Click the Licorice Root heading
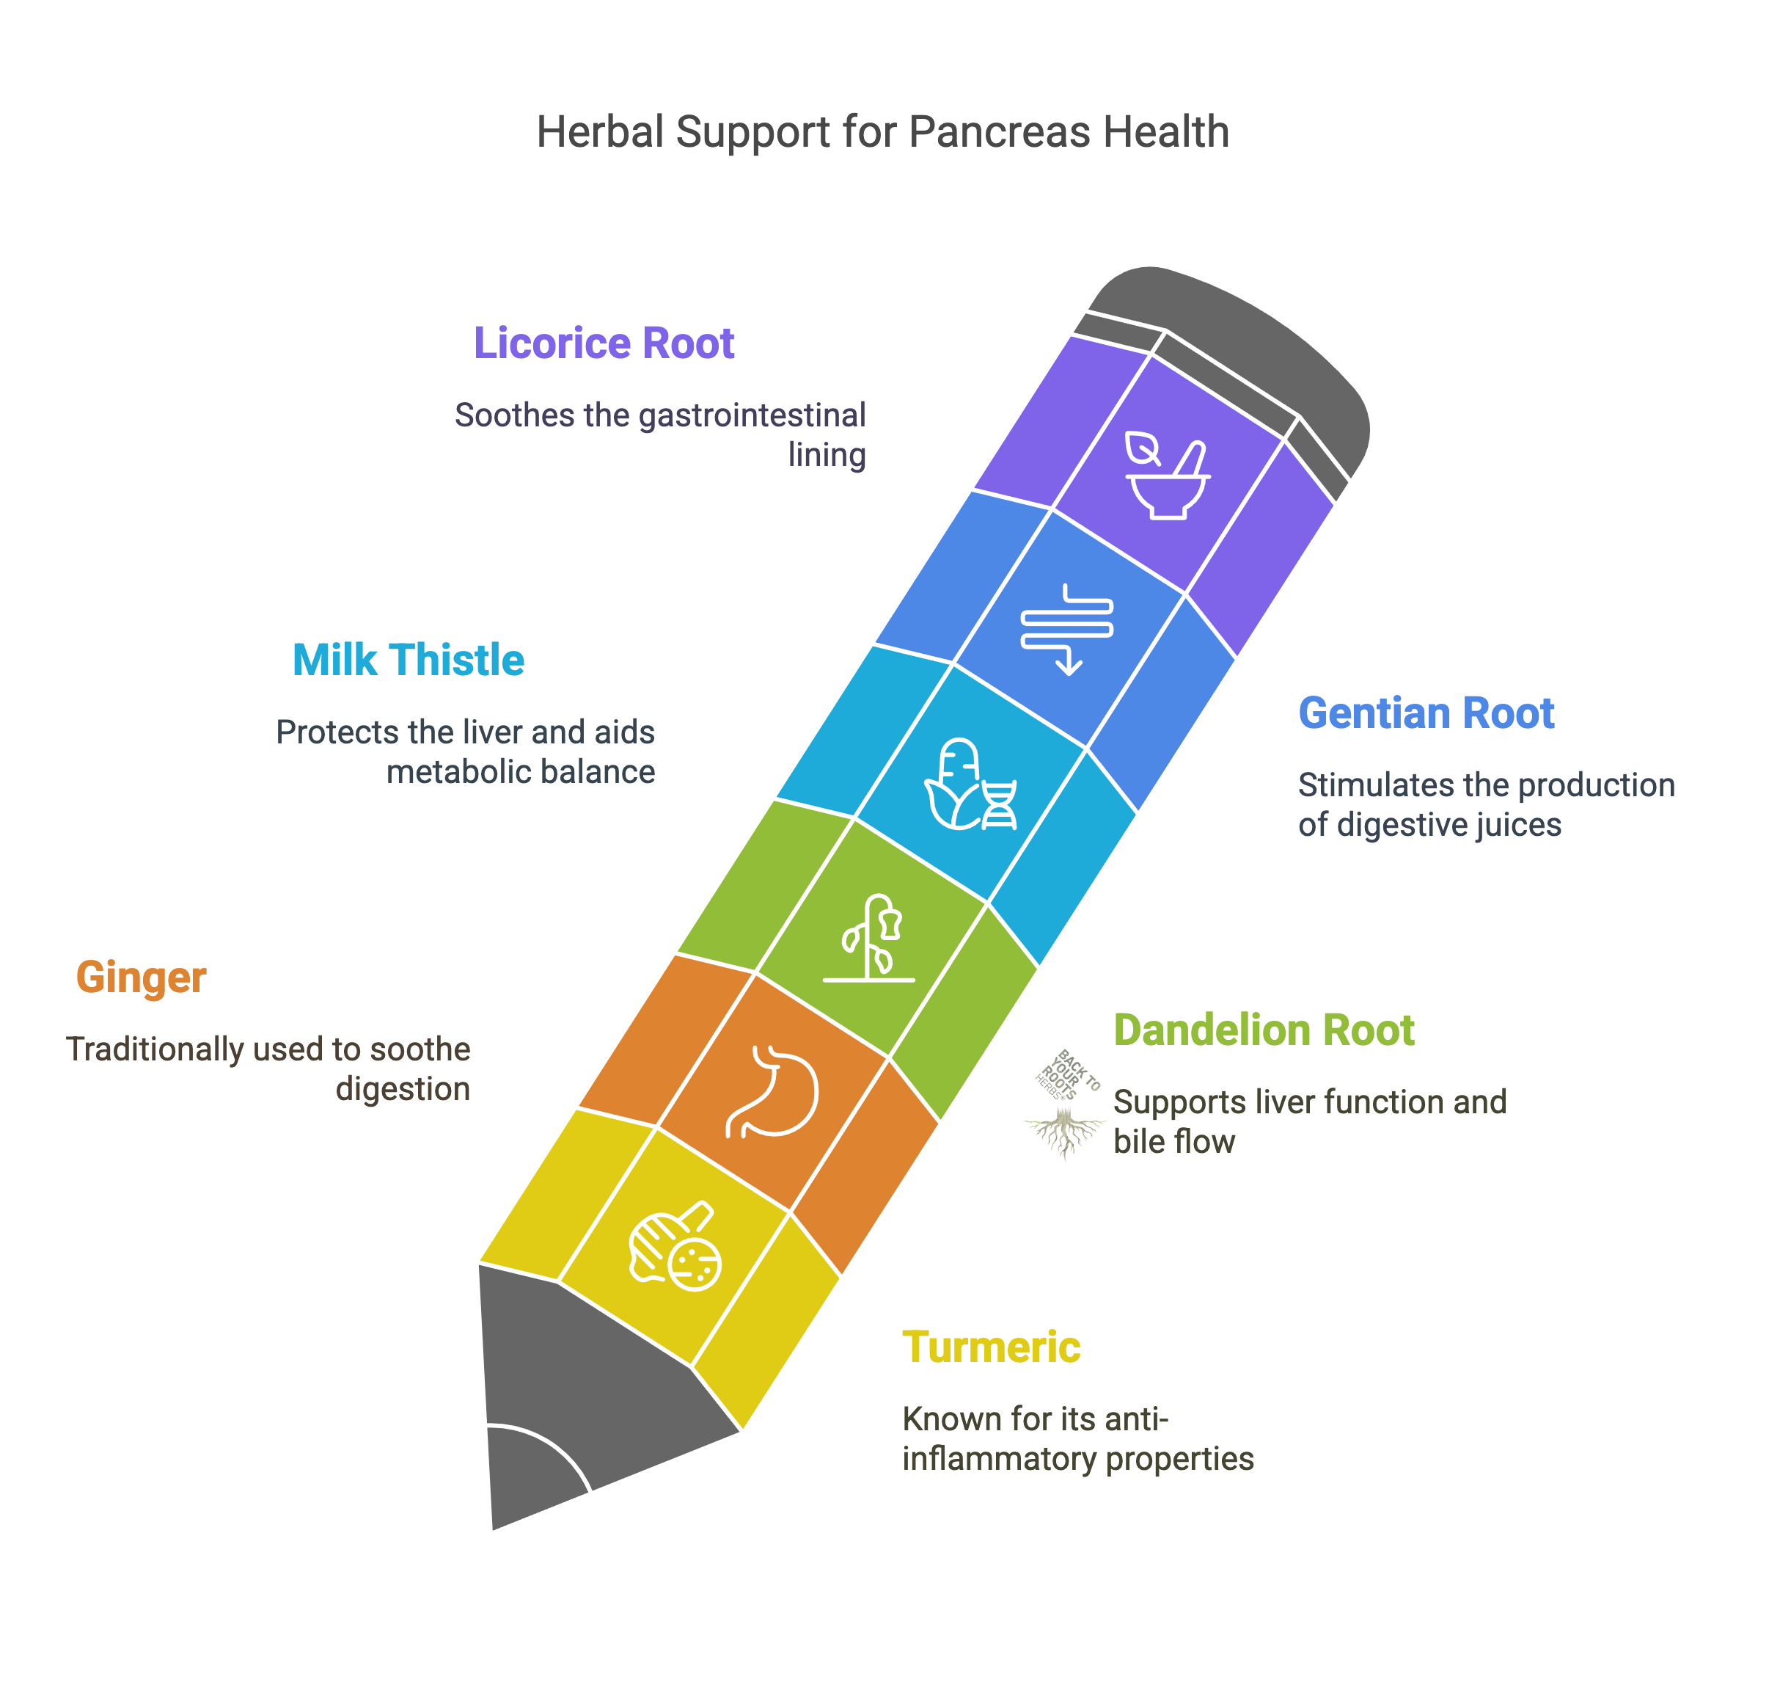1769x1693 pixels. (604, 344)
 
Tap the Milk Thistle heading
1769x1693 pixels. (408, 660)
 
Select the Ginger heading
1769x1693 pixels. (142, 977)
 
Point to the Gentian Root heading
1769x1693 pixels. (1426, 714)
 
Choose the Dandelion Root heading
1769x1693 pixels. (1264, 1030)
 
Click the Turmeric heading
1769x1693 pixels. (992, 1347)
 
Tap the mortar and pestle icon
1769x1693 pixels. (1166, 478)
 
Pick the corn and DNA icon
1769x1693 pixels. (970, 784)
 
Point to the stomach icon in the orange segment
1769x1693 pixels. (772, 1091)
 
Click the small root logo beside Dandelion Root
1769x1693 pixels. (1064, 1105)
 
